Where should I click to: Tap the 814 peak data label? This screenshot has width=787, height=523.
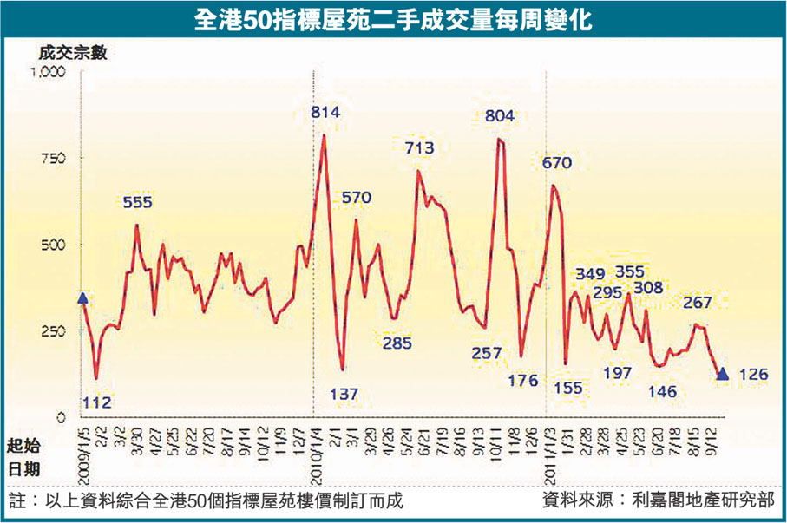click(x=325, y=111)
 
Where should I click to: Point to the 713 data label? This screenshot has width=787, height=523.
click(x=419, y=148)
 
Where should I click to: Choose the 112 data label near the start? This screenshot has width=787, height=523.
click(x=98, y=402)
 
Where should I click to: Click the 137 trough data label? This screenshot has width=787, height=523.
click(x=344, y=394)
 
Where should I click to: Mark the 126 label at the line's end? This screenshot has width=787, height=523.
click(x=752, y=375)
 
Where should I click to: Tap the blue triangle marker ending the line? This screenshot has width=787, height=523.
click(x=723, y=373)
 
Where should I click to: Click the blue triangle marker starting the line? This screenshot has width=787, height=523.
click(x=82, y=298)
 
